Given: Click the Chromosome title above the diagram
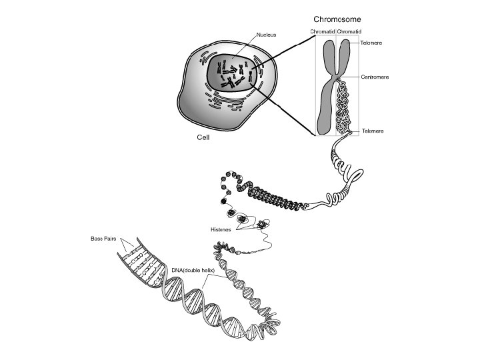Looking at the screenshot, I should click(x=337, y=19).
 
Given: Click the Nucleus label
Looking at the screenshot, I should click(x=267, y=33).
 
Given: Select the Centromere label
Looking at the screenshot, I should click(x=374, y=77).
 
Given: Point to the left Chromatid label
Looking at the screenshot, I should click(x=323, y=31).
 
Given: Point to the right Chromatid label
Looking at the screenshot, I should click(x=349, y=31).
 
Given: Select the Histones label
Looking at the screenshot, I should click(x=221, y=229).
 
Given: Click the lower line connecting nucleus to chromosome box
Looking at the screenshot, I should click(x=283, y=110).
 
